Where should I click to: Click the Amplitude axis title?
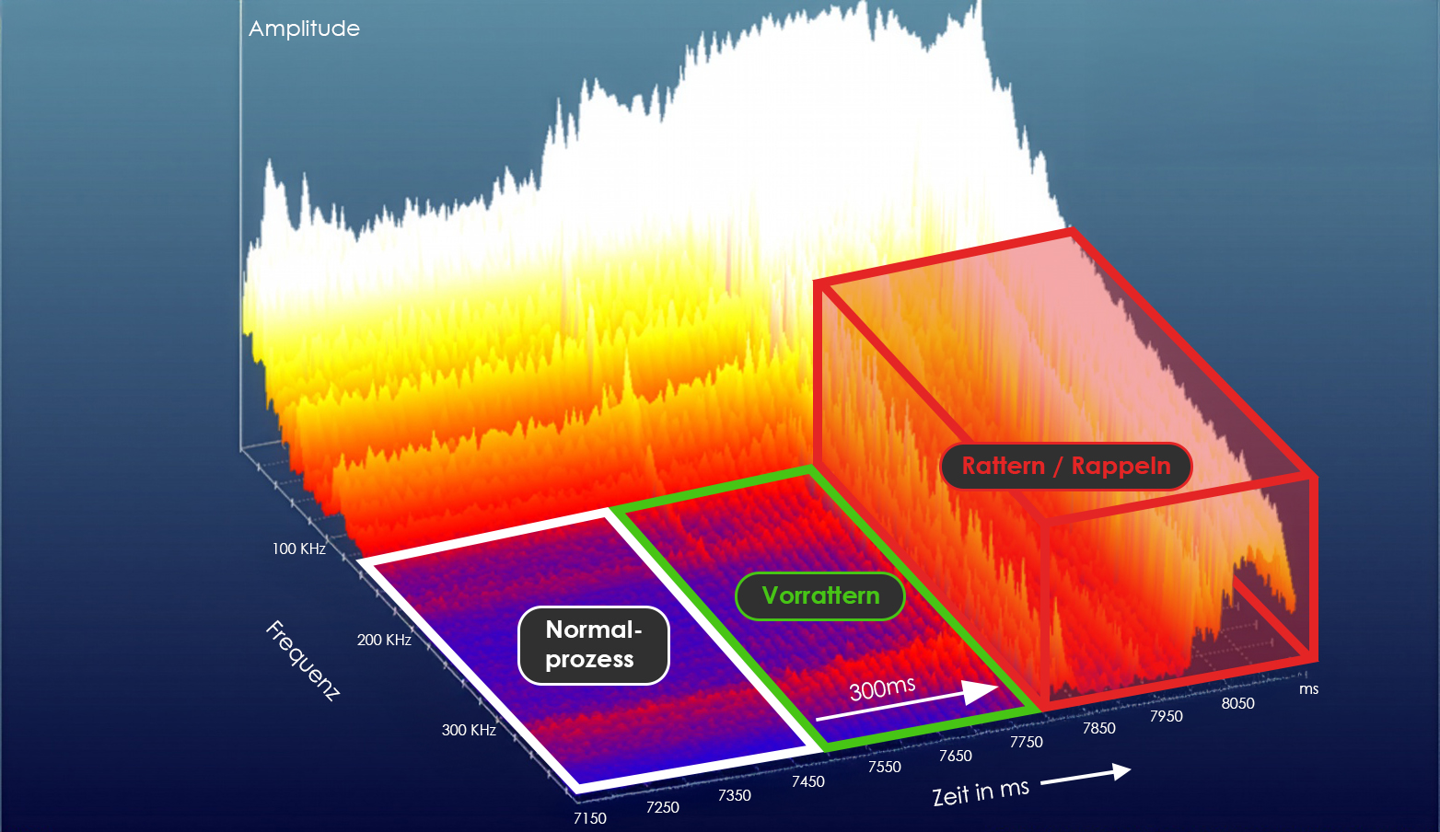(x=304, y=29)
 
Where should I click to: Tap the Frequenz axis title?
(x=303, y=660)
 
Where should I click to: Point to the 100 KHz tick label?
(x=298, y=549)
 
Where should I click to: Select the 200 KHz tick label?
(x=384, y=640)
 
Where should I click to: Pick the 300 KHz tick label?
(x=469, y=730)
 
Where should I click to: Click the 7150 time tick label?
(x=589, y=818)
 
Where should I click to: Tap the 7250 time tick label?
(x=663, y=807)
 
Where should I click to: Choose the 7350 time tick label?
(x=735, y=795)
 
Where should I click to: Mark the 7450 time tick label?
(x=808, y=781)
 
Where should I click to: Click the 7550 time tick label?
(x=885, y=767)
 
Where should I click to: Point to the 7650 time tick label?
(x=956, y=756)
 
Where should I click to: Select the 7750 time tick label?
(x=1027, y=742)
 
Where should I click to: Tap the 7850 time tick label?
(x=1098, y=728)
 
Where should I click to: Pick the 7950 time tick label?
(x=1167, y=716)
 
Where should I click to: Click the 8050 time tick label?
(x=1238, y=703)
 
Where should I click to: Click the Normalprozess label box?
(x=593, y=645)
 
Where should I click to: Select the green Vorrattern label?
(x=820, y=595)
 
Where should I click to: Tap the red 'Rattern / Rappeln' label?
(x=1066, y=466)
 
